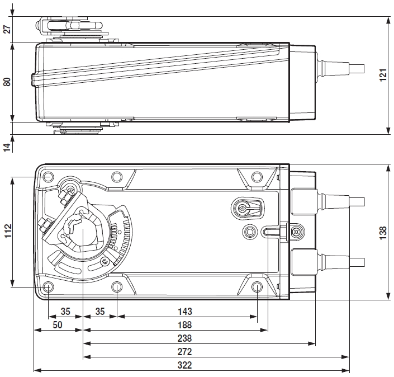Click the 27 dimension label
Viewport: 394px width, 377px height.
pyautogui.click(x=7, y=29)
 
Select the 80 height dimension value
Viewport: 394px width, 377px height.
pyautogui.click(x=7, y=82)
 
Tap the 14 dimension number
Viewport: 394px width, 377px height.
pyautogui.click(x=7, y=147)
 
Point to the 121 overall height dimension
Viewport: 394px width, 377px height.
pyautogui.click(x=383, y=76)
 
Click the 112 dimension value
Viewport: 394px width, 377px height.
pyautogui.click(x=7, y=232)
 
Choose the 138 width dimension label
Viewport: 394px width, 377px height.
pyautogui.click(x=383, y=232)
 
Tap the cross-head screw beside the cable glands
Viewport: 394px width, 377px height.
pyautogui.click(x=295, y=229)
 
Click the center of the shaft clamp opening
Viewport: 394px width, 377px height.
pyautogui.click(x=82, y=231)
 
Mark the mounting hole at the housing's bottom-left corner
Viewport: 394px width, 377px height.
pyautogui.click(x=48, y=288)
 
